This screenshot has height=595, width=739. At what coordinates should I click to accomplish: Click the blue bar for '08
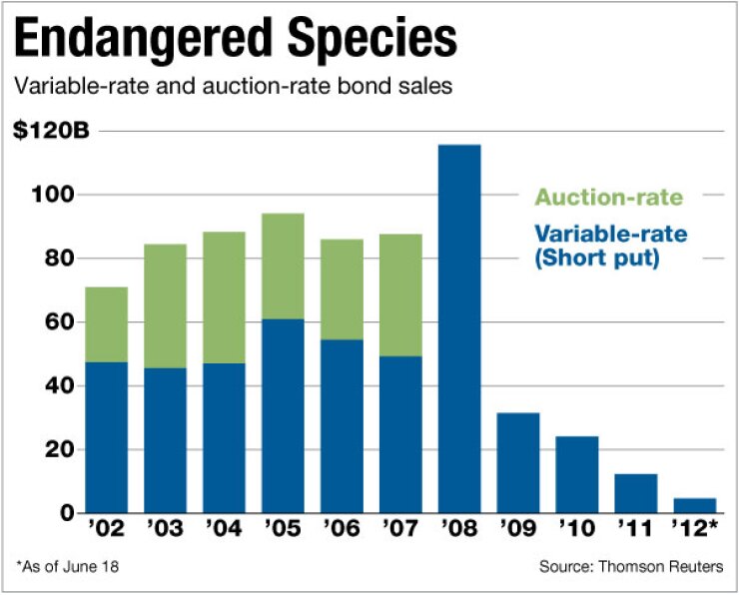[458, 329]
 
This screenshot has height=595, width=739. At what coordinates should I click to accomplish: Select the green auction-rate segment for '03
[166, 305]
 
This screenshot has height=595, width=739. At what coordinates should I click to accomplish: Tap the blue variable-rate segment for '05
[283, 415]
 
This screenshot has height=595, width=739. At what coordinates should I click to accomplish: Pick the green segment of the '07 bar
[400, 295]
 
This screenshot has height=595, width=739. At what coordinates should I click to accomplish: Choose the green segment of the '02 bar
[107, 324]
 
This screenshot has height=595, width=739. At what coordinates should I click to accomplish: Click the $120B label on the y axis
[46, 131]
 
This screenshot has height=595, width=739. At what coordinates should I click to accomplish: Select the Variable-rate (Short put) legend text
[608, 247]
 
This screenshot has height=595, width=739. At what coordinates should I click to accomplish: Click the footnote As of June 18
[66, 568]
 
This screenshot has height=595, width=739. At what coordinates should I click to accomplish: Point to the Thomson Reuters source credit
[630, 568]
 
